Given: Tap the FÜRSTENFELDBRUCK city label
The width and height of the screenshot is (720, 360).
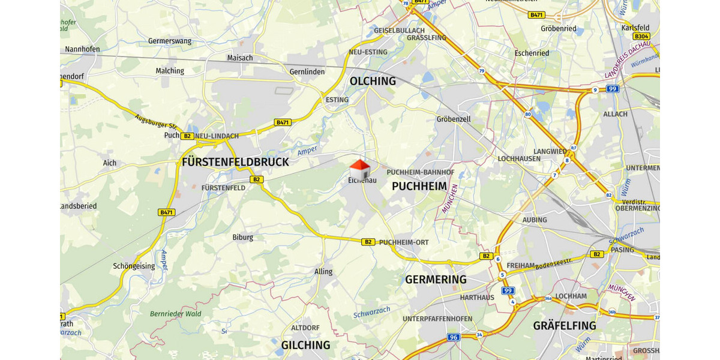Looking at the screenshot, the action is pyautogui.click(x=235, y=162).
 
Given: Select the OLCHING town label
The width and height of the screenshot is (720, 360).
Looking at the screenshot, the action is pyautogui.click(x=373, y=81).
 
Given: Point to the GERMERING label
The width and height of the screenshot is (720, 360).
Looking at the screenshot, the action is pyautogui.click(x=436, y=280).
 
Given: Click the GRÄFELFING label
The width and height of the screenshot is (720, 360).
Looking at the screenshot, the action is pyautogui.click(x=565, y=326).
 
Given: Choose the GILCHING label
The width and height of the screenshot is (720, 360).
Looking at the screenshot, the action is pyautogui.click(x=305, y=345).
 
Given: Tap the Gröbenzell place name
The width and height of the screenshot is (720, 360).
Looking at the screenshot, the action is pyautogui.click(x=454, y=119).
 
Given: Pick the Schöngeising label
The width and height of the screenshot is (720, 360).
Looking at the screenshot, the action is pyautogui.click(x=134, y=266).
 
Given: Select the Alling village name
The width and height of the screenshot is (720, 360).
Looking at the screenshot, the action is pyautogui.click(x=323, y=272).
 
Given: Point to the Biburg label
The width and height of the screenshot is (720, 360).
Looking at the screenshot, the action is pyautogui.click(x=243, y=237).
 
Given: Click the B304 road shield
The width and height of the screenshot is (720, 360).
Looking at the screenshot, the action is pyautogui.click(x=641, y=37).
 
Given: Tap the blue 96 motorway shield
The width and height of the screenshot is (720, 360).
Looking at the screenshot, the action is pyautogui.click(x=454, y=337).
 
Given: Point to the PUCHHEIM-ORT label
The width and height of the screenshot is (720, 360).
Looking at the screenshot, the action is pyautogui.click(x=404, y=242).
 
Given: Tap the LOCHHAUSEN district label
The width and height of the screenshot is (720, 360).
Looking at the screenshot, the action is pyautogui.click(x=520, y=158).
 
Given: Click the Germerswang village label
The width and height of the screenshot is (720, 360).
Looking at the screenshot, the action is pyautogui.click(x=169, y=41).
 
